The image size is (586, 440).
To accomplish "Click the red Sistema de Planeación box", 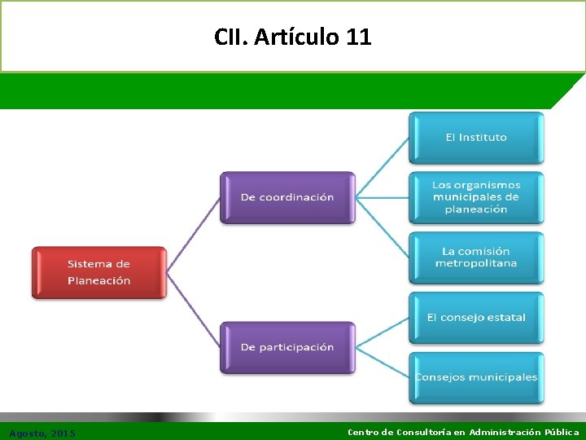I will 98,273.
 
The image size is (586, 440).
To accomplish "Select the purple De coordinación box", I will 287,197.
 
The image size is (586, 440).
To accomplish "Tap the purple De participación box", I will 287,347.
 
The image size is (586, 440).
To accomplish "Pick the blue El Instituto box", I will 476,138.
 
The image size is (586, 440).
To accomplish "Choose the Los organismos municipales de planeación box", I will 476,197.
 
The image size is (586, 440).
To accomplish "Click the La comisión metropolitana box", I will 476,257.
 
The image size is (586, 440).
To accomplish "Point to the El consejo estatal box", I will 476,318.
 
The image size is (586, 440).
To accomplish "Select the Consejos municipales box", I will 476,377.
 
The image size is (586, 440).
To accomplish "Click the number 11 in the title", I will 359,37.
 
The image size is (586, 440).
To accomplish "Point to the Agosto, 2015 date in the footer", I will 42,433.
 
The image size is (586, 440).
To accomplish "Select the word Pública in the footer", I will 558,433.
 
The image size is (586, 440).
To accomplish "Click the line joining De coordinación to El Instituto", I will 383,167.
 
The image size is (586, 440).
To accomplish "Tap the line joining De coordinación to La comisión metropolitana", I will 383,228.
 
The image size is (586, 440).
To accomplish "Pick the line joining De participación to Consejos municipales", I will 383,363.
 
